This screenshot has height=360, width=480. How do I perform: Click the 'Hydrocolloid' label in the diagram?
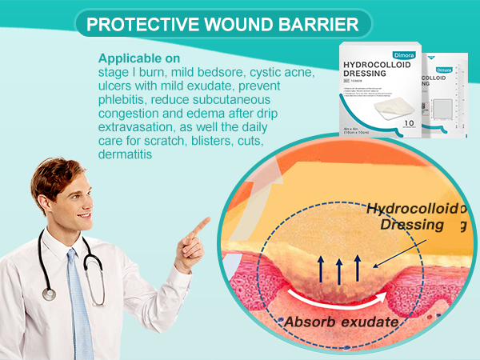[x=413, y=210]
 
